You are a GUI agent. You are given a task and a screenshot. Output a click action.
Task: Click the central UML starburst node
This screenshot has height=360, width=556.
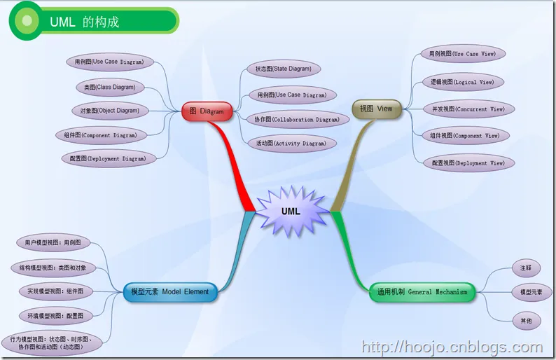click(x=291, y=211)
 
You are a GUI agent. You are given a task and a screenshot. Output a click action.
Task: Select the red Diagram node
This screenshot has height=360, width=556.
click(x=207, y=111)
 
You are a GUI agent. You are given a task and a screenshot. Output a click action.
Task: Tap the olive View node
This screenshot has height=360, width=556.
click(x=377, y=109)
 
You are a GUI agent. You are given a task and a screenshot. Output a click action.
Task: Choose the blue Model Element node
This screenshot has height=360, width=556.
click(x=169, y=292)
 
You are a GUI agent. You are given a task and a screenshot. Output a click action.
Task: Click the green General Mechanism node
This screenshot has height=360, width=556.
click(x=422, y=292)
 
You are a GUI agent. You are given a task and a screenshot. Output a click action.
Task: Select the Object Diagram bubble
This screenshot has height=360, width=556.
click(x=109, y=110)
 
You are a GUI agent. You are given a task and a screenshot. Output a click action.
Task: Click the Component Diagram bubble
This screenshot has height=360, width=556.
click(x=106, y=134)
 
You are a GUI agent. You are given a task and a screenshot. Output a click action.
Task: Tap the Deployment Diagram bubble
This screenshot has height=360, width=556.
click(x=108, y=158)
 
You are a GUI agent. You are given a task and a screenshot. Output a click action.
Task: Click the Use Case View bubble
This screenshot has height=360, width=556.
click(x=463, y=53)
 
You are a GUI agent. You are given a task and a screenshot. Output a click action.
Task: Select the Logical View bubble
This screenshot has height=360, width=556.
click(x=462, y=82)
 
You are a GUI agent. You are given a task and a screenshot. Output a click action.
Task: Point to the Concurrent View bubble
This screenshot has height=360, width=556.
click(x=468, y=109)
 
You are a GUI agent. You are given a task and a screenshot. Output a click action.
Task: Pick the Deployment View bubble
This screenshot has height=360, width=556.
click(x=468, y=163)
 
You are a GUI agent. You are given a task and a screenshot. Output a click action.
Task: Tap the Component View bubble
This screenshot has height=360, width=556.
click(x=465, y=135)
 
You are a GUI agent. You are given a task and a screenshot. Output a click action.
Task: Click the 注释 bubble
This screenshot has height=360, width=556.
click(x=526, y=268)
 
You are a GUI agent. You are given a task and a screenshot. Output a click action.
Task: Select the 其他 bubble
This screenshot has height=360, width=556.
click(x=526, y=320)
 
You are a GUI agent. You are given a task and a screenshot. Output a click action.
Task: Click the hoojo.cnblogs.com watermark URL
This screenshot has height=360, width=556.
click(x=451, y=346)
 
